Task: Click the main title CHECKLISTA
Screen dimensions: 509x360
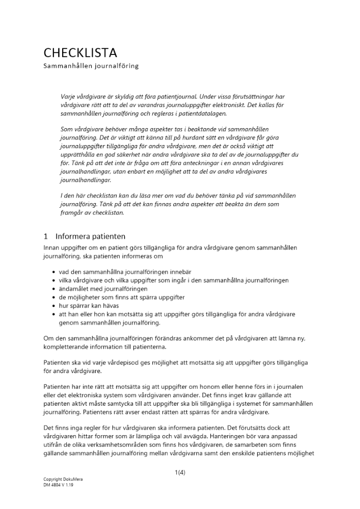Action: click(80, 52)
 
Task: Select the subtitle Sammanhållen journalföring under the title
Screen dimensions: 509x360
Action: click(91, 66)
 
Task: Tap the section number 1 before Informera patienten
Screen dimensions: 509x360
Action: click(45, 236)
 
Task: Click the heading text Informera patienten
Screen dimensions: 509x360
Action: click(90, 236)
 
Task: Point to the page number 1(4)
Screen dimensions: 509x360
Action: click(180, 472)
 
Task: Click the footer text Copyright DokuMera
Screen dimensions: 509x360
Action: click(63, 479)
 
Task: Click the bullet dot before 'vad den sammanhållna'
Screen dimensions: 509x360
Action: click(53, 272)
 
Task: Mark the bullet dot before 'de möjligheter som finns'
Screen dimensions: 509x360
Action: click(53, 297)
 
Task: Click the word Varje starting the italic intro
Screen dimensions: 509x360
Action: click(68, 96)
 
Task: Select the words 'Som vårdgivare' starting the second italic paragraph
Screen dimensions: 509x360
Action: click(81, 129)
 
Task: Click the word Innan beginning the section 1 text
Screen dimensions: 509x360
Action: click(52, 247)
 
